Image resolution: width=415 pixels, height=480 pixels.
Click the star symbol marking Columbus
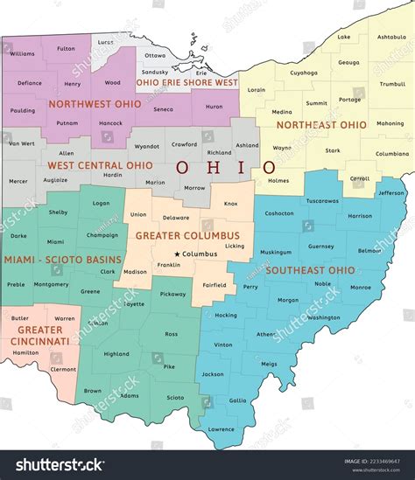[177, 254]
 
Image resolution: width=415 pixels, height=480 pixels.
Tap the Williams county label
[22, 54]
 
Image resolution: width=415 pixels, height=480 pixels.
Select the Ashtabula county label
[390, 37]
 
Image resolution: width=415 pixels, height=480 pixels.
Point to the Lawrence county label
[221, 428]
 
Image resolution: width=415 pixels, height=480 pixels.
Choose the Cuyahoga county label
[304, 73]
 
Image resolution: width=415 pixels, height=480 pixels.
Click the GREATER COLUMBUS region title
[186, 235]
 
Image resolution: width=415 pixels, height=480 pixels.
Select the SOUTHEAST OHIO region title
[310, 269]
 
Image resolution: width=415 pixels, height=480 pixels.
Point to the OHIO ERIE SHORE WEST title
[186, 82]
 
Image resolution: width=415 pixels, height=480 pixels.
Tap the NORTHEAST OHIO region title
[321, 125]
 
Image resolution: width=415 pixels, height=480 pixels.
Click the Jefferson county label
[391, 192]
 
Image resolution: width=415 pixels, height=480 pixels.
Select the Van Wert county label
[21, 143]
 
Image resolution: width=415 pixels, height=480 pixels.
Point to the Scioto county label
[175, 398]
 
